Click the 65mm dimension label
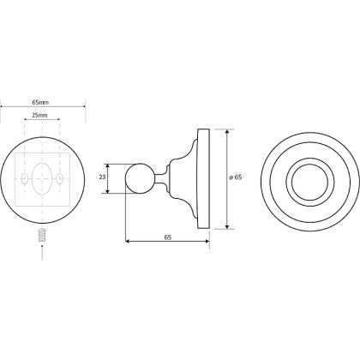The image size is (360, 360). tap(40, 102)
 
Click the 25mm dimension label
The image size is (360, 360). tap(39, 116)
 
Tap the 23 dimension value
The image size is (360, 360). tap(102, 177)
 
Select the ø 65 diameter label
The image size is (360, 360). tap(236, 177)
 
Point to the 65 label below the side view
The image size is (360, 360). tap(168, 237)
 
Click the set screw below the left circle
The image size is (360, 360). tap(42, 235)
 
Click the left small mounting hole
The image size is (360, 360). tap(25, 178)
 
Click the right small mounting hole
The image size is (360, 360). tap(60, 178)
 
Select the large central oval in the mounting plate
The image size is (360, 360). tap(42, 178)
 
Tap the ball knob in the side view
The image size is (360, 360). tap(140, 178)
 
